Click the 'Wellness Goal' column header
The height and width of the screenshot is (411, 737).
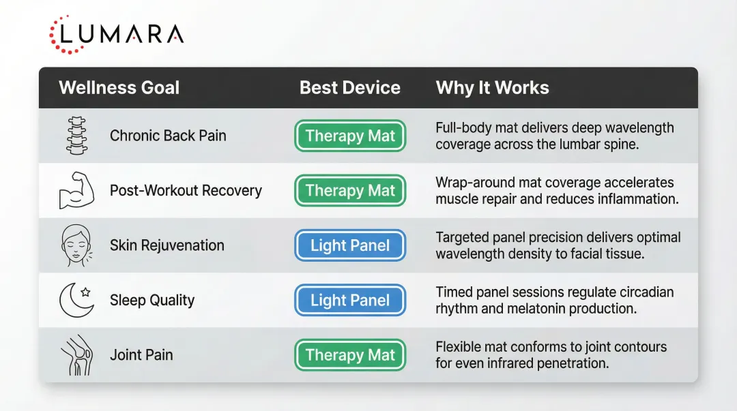(119, 88)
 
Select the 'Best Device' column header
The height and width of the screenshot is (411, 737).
(349, 88)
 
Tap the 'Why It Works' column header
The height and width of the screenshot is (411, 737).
(492, 88)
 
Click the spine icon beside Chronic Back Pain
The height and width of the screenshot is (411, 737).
(77, 136)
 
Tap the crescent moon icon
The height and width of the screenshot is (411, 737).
(76, 301)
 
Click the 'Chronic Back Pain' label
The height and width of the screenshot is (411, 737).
(168, 136)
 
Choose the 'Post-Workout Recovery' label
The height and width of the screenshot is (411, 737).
(186, 191)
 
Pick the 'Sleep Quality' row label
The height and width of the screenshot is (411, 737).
(152, 301)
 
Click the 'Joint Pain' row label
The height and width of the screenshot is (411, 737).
(141, 355)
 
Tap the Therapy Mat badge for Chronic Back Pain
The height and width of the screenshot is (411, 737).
(350, 136)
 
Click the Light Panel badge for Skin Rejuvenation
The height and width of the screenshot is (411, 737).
(350, 245)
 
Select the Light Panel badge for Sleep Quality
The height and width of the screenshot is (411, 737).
(350, 301)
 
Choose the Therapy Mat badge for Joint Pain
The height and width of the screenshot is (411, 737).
(350, 355)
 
